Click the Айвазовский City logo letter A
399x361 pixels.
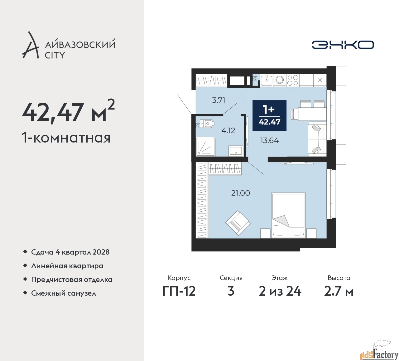(30, 45)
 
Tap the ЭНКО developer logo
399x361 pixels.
(343, 45)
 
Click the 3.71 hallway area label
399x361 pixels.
(218, 100)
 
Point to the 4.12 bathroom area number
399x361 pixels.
(228, 130)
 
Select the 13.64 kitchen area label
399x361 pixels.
(269, 141)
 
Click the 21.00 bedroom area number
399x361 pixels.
(240, 193)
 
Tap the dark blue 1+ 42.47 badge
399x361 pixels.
(269, 115)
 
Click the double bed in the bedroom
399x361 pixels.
(288, 215)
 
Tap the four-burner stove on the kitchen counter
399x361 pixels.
(293, 80)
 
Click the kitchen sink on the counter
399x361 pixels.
(266, 80)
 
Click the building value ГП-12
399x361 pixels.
(179, 291)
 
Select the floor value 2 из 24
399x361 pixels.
(280, 291)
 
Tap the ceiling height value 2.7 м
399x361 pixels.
(339, 291)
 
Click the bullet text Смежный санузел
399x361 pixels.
(64, 293)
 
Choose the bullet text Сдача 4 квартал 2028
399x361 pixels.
(70, 252)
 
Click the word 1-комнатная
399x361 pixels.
(66, 138)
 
